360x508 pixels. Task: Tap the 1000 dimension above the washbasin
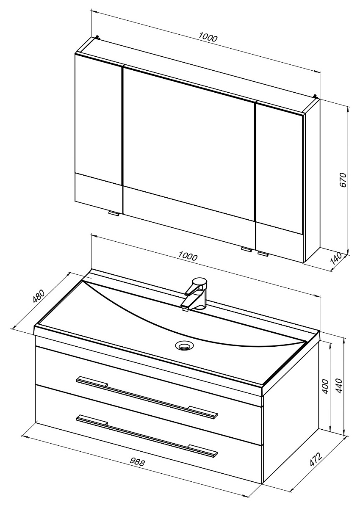coord(188,256)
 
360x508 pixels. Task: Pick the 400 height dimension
coord(325,386)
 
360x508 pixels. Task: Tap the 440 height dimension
coord(339,385)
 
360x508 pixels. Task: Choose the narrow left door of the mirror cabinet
coord(98,127)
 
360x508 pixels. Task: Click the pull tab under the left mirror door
coord(114,214)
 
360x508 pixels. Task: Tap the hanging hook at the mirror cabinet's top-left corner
coord(98,37)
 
